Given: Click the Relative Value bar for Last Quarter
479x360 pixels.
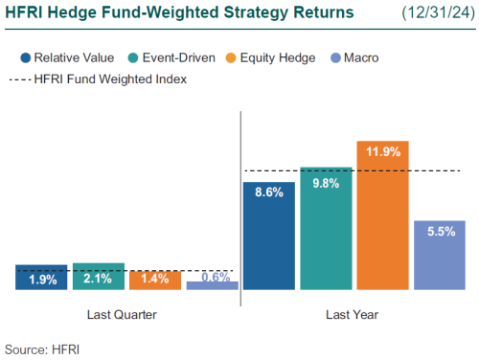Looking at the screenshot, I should pyautogui.click(x=42, y=277).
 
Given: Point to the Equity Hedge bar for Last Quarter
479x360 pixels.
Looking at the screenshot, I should pyautogui.click(x=155, y=279).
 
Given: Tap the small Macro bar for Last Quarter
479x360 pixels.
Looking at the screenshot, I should pyautogui.click(x=213, y=284).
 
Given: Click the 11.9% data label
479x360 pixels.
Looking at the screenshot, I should pyautogui.click(x=383, y=150).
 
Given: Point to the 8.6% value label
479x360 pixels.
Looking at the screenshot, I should pyautogui.click(x=269, y=191).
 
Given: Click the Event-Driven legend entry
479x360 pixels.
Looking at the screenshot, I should pyautogui.click(x=163, y=57).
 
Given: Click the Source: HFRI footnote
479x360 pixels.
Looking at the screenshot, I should pyautogui.click(x=42, y=349).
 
